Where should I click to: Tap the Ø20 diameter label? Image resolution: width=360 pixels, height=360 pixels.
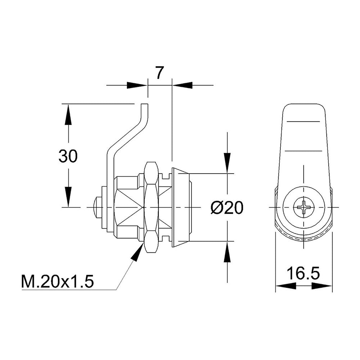click(x=226, y=208)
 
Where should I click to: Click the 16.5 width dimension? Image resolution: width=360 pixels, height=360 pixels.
click(x=303, y=273)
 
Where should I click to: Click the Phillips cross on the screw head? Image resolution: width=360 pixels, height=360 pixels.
click(x=303, y=207)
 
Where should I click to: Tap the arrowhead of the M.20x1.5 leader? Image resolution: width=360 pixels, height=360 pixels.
click(x=138, y=252)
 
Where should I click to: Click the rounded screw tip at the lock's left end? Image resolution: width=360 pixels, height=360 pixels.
click(x=95, y=207)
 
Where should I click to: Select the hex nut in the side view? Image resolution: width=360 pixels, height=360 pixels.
click(x=152, y=207)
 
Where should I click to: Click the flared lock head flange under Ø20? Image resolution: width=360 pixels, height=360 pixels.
click(x=181, y=207)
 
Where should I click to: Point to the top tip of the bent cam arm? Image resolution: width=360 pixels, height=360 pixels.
click(x=145, y=104)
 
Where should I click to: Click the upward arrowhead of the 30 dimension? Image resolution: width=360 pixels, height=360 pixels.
click(x=68, y=114)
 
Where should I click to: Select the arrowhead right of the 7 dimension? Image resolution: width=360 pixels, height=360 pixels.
click(x=182, y=85)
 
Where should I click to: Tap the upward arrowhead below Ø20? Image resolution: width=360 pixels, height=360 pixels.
click(x=227, y=252)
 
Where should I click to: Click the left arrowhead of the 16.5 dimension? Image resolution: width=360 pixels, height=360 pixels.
click(x=285, y=286)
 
